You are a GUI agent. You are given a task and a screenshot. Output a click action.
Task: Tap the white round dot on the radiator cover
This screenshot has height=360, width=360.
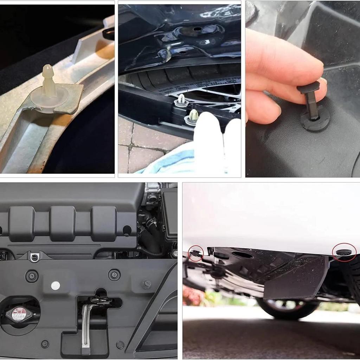pyautogui.click(x=55, y=285)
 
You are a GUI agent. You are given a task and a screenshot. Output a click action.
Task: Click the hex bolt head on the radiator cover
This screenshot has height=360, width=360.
pyautogui.click(x=147, y=283)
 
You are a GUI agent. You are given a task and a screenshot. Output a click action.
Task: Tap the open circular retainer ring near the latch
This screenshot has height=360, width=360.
pyautogui.click(x=120, y=345)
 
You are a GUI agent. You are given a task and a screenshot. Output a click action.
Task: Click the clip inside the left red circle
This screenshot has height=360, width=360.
pyautogui.click(x=195, y=252)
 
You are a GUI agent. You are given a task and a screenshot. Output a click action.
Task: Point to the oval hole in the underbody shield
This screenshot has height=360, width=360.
pyautogui.click(x=243, y=255)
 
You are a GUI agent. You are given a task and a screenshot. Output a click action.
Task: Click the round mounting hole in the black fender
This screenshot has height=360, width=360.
pyautogui.click(x=197, y=29)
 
